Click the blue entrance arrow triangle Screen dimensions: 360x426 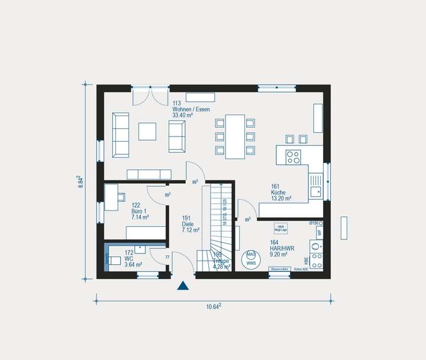183,286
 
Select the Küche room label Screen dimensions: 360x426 279,193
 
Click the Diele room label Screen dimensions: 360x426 188,223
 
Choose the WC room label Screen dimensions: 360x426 129,258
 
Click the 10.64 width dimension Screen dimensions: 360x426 214,306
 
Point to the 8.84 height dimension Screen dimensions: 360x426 80,181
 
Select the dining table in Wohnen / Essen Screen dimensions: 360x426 235,137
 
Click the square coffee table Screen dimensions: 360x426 147,131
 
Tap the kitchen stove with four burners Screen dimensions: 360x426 293,157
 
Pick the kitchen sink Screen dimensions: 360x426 316,190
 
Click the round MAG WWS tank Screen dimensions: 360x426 251,258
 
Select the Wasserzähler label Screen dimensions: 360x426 279,269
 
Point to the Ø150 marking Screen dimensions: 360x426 314,223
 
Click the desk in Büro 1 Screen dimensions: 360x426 112,197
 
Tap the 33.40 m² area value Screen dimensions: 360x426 183,115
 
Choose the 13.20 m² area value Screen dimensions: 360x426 281,199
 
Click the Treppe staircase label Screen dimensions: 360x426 221,260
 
